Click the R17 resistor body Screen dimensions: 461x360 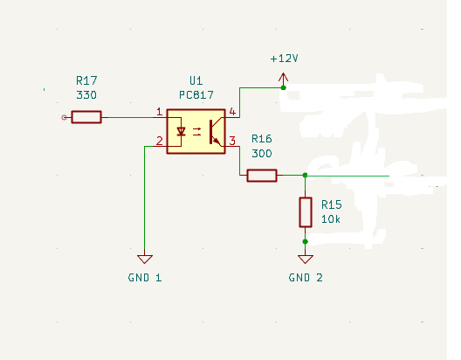[86, 117]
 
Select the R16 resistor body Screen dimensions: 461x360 [262, 176]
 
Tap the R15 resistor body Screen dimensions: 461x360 [306, 212]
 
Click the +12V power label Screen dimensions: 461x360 [285, 59]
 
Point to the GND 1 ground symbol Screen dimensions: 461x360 [145, 260]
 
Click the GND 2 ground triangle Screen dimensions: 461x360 [306, 260]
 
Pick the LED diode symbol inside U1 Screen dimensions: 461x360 [181, 131]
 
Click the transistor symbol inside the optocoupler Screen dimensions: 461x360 [215, 132]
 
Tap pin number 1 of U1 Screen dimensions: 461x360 [160, 112]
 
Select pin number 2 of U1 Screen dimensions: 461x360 [160, 141]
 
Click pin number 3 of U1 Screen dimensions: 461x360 [232, 141]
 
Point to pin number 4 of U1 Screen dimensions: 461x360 [232, 112]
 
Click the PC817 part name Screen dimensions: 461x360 [196, 95]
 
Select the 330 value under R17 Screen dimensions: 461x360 [86, 95]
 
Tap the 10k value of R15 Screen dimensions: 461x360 [331, 219]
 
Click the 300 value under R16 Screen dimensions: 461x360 [262, 153]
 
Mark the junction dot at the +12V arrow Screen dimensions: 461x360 [284, 87]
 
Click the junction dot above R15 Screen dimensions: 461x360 [306, 175]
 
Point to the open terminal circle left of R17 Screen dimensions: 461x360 [64, 118]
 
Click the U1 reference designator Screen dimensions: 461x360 [196, 80]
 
